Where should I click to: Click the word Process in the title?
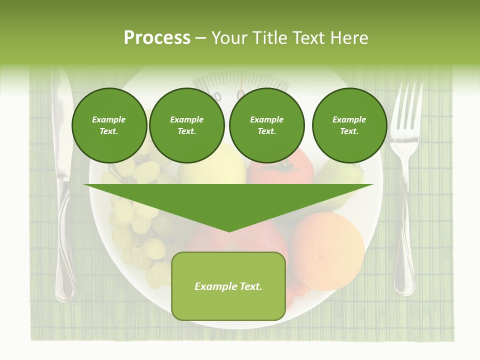(x=157, y=38)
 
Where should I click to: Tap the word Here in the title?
(x=349, y=38)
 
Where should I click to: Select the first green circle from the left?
(x=109, y=125)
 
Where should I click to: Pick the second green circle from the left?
(x=186, y=125)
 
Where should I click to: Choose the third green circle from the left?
(x=266, y=125)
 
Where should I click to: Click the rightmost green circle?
(x=349, y=125)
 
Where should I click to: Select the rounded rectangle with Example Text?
(x=228, y=286)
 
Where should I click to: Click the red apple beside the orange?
(x=260, y=240)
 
